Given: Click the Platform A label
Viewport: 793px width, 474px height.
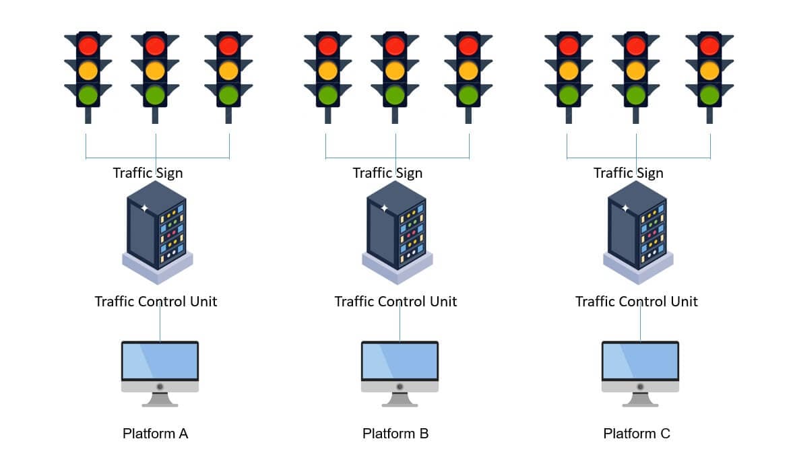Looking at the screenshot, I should [155, 434].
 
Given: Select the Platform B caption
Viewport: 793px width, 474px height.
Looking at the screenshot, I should [395, 434].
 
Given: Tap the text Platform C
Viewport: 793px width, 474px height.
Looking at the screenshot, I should [637, 434].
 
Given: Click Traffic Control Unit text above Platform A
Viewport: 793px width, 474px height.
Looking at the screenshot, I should [156, 301].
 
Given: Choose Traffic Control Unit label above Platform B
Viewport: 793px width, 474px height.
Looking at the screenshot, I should [395, 301].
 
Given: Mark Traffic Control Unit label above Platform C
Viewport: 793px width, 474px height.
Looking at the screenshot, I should [636, 301].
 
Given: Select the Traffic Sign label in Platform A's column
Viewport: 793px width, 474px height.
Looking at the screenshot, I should [148, 173].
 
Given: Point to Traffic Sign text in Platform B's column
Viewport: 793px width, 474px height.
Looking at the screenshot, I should [387, 173].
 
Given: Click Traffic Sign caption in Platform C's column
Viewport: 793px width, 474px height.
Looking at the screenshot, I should [628, 173].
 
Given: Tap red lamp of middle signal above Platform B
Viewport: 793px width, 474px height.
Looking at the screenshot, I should [395, 46].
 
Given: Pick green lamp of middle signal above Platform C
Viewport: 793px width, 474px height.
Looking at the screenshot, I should [636, 94].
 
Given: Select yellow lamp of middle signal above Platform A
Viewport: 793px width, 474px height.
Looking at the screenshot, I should [155, 70].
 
